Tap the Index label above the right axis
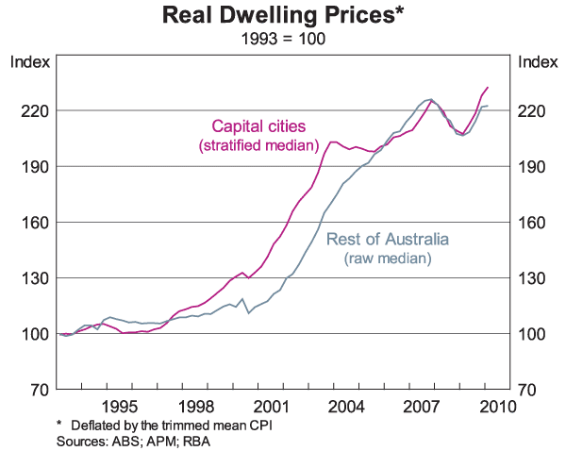[x=539, y=63]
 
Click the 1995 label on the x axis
[x=121, y=407]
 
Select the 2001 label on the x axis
[x=272, y=407]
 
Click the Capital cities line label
[x=258, y=125]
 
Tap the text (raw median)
[x=388, y=258]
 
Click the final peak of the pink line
[x=488, y=87]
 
